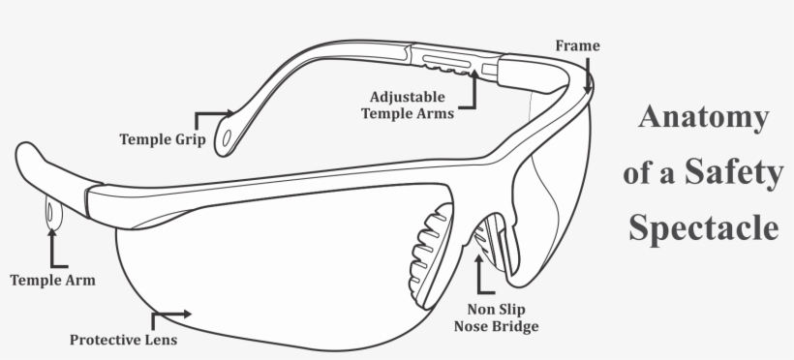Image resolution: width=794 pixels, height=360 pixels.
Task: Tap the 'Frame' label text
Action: click(x=577, y=45)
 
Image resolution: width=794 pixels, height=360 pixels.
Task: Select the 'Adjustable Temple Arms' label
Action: click(x=407, y=105)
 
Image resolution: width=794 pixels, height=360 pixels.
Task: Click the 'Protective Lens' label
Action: click(x=123, y=340)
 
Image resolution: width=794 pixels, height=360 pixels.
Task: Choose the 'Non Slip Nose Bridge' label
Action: click(x=496, y=318)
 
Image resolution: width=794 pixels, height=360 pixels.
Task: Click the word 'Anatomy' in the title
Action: click(x=703, y=119)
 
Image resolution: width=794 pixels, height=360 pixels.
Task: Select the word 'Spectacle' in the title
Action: click(x=703, y=228)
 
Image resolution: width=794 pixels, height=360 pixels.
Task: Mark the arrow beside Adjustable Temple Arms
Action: click(x=473, y=93)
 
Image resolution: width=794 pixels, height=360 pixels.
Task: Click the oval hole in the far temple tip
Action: click(x=228, y=139)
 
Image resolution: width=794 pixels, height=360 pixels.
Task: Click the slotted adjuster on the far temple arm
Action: click(x=448, y=63)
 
